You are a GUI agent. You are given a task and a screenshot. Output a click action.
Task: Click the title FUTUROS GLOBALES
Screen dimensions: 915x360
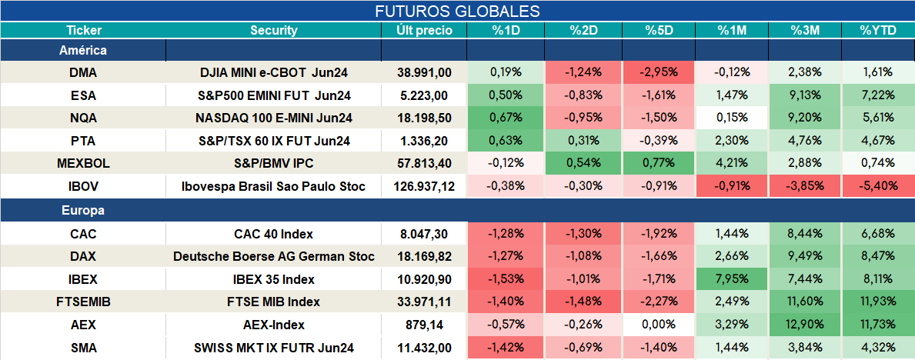457,11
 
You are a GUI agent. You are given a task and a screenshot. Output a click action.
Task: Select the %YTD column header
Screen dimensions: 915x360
878,31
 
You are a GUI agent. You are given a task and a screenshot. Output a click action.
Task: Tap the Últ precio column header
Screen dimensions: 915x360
424,31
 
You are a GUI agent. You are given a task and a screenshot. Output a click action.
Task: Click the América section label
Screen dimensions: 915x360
83,50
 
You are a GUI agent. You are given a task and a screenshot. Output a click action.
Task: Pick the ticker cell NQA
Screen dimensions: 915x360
83,118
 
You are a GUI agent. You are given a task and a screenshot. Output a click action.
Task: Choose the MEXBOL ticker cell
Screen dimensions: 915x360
83,163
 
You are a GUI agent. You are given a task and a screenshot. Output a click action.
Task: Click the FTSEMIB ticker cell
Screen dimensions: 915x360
83,302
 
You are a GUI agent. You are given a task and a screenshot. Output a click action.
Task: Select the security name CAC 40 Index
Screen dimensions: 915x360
274,234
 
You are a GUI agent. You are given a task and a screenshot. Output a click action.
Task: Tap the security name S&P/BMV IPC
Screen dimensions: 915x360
274,163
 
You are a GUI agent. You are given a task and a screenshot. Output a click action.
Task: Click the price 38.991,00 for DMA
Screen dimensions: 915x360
424,72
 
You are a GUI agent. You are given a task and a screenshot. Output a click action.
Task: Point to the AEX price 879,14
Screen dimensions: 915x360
424,325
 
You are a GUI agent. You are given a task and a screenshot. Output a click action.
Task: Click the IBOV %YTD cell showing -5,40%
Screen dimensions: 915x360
878,186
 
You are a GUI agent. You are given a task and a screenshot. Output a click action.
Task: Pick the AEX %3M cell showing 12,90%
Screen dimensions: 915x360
805,325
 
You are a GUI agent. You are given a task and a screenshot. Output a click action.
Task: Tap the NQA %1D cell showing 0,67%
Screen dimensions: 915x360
506,118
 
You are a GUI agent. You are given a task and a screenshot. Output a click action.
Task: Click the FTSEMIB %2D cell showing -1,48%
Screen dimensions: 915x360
583,302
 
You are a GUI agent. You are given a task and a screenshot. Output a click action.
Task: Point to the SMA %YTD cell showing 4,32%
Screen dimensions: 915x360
878,348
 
